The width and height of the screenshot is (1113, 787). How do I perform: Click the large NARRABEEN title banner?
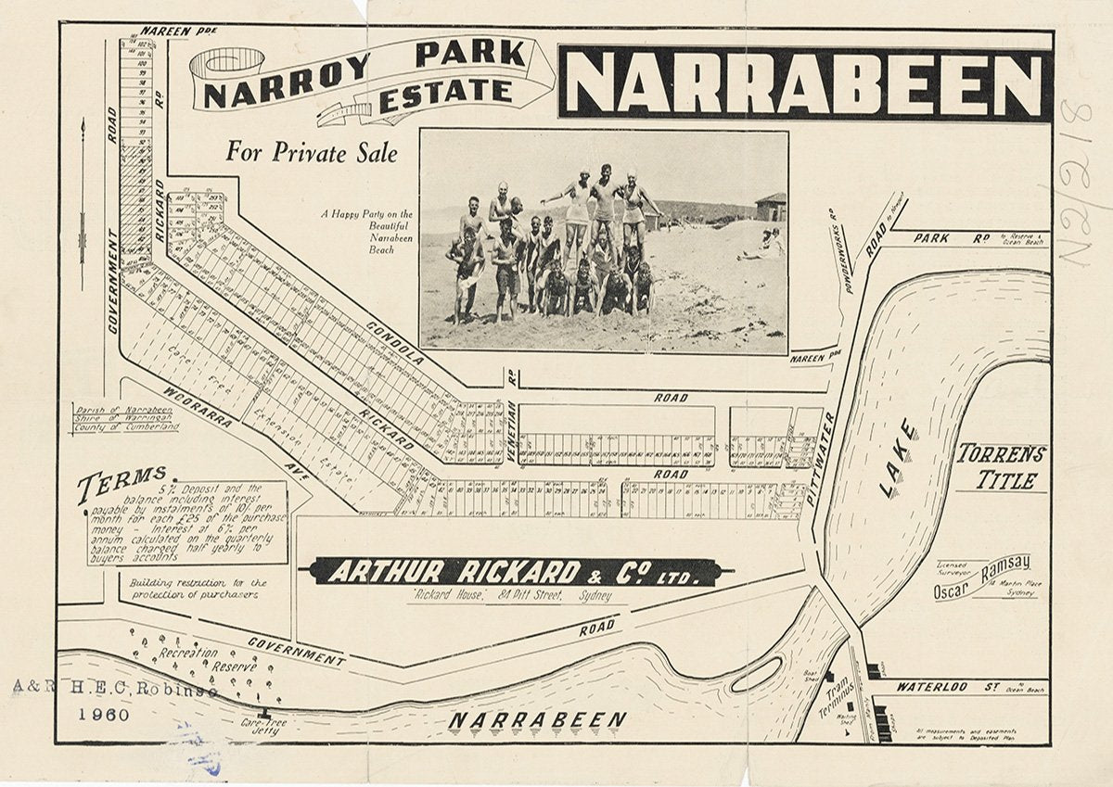point(805,84)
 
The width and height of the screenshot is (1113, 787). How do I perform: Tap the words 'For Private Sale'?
point(311,152)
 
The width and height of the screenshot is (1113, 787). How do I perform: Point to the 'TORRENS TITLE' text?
point(1002,466)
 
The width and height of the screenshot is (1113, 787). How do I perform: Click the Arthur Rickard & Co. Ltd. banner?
point(515,572)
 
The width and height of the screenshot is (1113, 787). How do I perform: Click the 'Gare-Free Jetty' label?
point(261,726)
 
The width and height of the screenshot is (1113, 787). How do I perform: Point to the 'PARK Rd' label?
point(950,238)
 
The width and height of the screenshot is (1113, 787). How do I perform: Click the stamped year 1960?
point(104,715)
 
